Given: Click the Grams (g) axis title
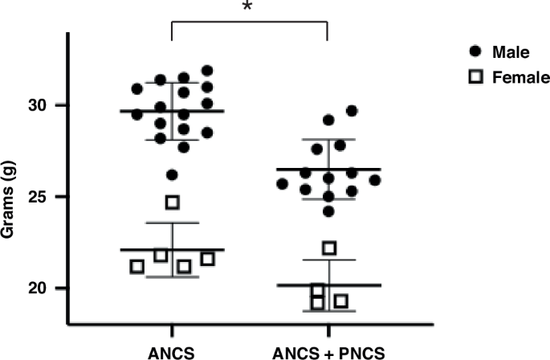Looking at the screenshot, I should pos(16,198).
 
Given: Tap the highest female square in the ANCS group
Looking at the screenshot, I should pos(172,202).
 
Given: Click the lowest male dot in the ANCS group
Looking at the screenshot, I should pos(172,174).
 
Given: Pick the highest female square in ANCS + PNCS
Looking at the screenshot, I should pos(328,247).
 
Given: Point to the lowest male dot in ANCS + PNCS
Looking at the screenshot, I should pos(329,211).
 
